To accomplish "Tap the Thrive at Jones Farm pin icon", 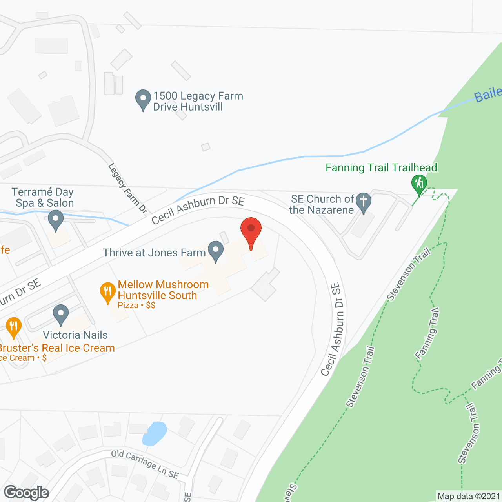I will pyautogui.click(x=215, y=250).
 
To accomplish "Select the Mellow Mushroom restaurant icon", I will pyautogui.click(x=107, y=291).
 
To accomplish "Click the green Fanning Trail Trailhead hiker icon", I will pyautogui.click(x=419, y=184).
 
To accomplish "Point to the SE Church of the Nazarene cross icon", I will pyautogui.click(x=364, y=202).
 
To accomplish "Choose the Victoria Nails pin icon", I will pyautogui.click(x=61, y=314).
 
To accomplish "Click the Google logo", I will pyautogui.click(x=26, y=493).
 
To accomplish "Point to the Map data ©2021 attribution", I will pyautogui.click(x=469, y=497).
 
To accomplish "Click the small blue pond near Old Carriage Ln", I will pyautogui.click(x=154, y=433).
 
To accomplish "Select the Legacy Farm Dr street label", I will pyautogui.click(x=127, y=188).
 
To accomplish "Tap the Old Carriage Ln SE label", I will pyautogui.click(x=145, y=464).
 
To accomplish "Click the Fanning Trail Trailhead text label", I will pyautogui.click(x=381, y=168).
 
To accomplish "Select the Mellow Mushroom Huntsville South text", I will pyautogui.click(x=163, y=290).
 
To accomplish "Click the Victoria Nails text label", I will pyautogui.click(x=75, y=335).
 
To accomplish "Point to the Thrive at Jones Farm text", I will pyautogui.click(x=155, y=253).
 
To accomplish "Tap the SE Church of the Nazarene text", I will pyautogui.click(x=322, y=204).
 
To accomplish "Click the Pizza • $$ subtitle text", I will pyautogui.click(x=136, y=305).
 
